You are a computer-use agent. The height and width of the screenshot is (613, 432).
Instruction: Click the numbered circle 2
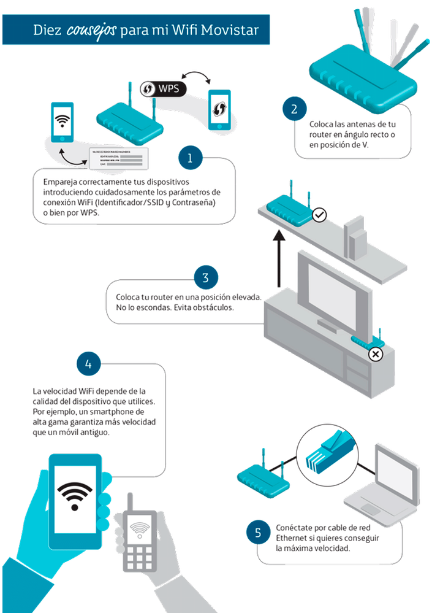[295, 110]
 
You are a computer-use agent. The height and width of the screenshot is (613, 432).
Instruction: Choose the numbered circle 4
[89, 364]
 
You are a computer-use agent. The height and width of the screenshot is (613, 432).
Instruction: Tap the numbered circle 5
[258, 533]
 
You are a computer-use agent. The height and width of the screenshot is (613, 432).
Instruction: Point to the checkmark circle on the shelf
[319, 214]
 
